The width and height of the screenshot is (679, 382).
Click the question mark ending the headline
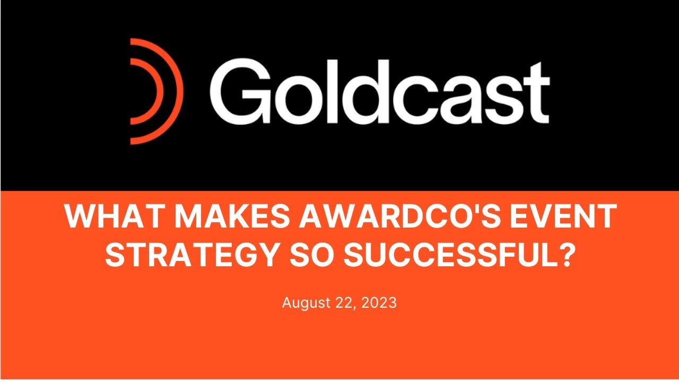tap(566, 256)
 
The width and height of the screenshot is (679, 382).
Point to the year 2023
tap(379, 303)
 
